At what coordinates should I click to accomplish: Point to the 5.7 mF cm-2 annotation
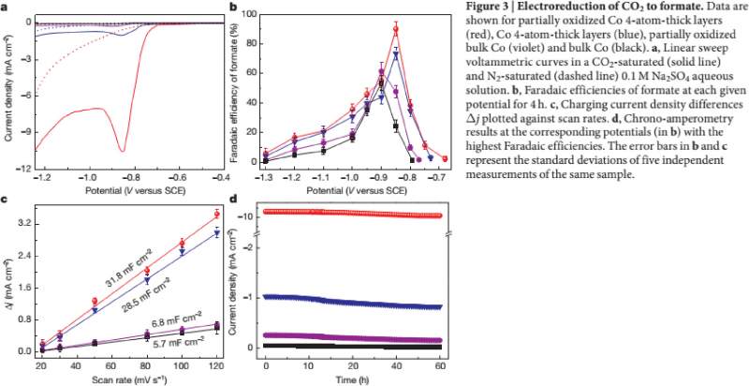(174, 343)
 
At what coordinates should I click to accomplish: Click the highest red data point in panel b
(396, 28)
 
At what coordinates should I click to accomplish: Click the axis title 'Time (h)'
(353, 379)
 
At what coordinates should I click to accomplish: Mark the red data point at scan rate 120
(217, 215)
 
